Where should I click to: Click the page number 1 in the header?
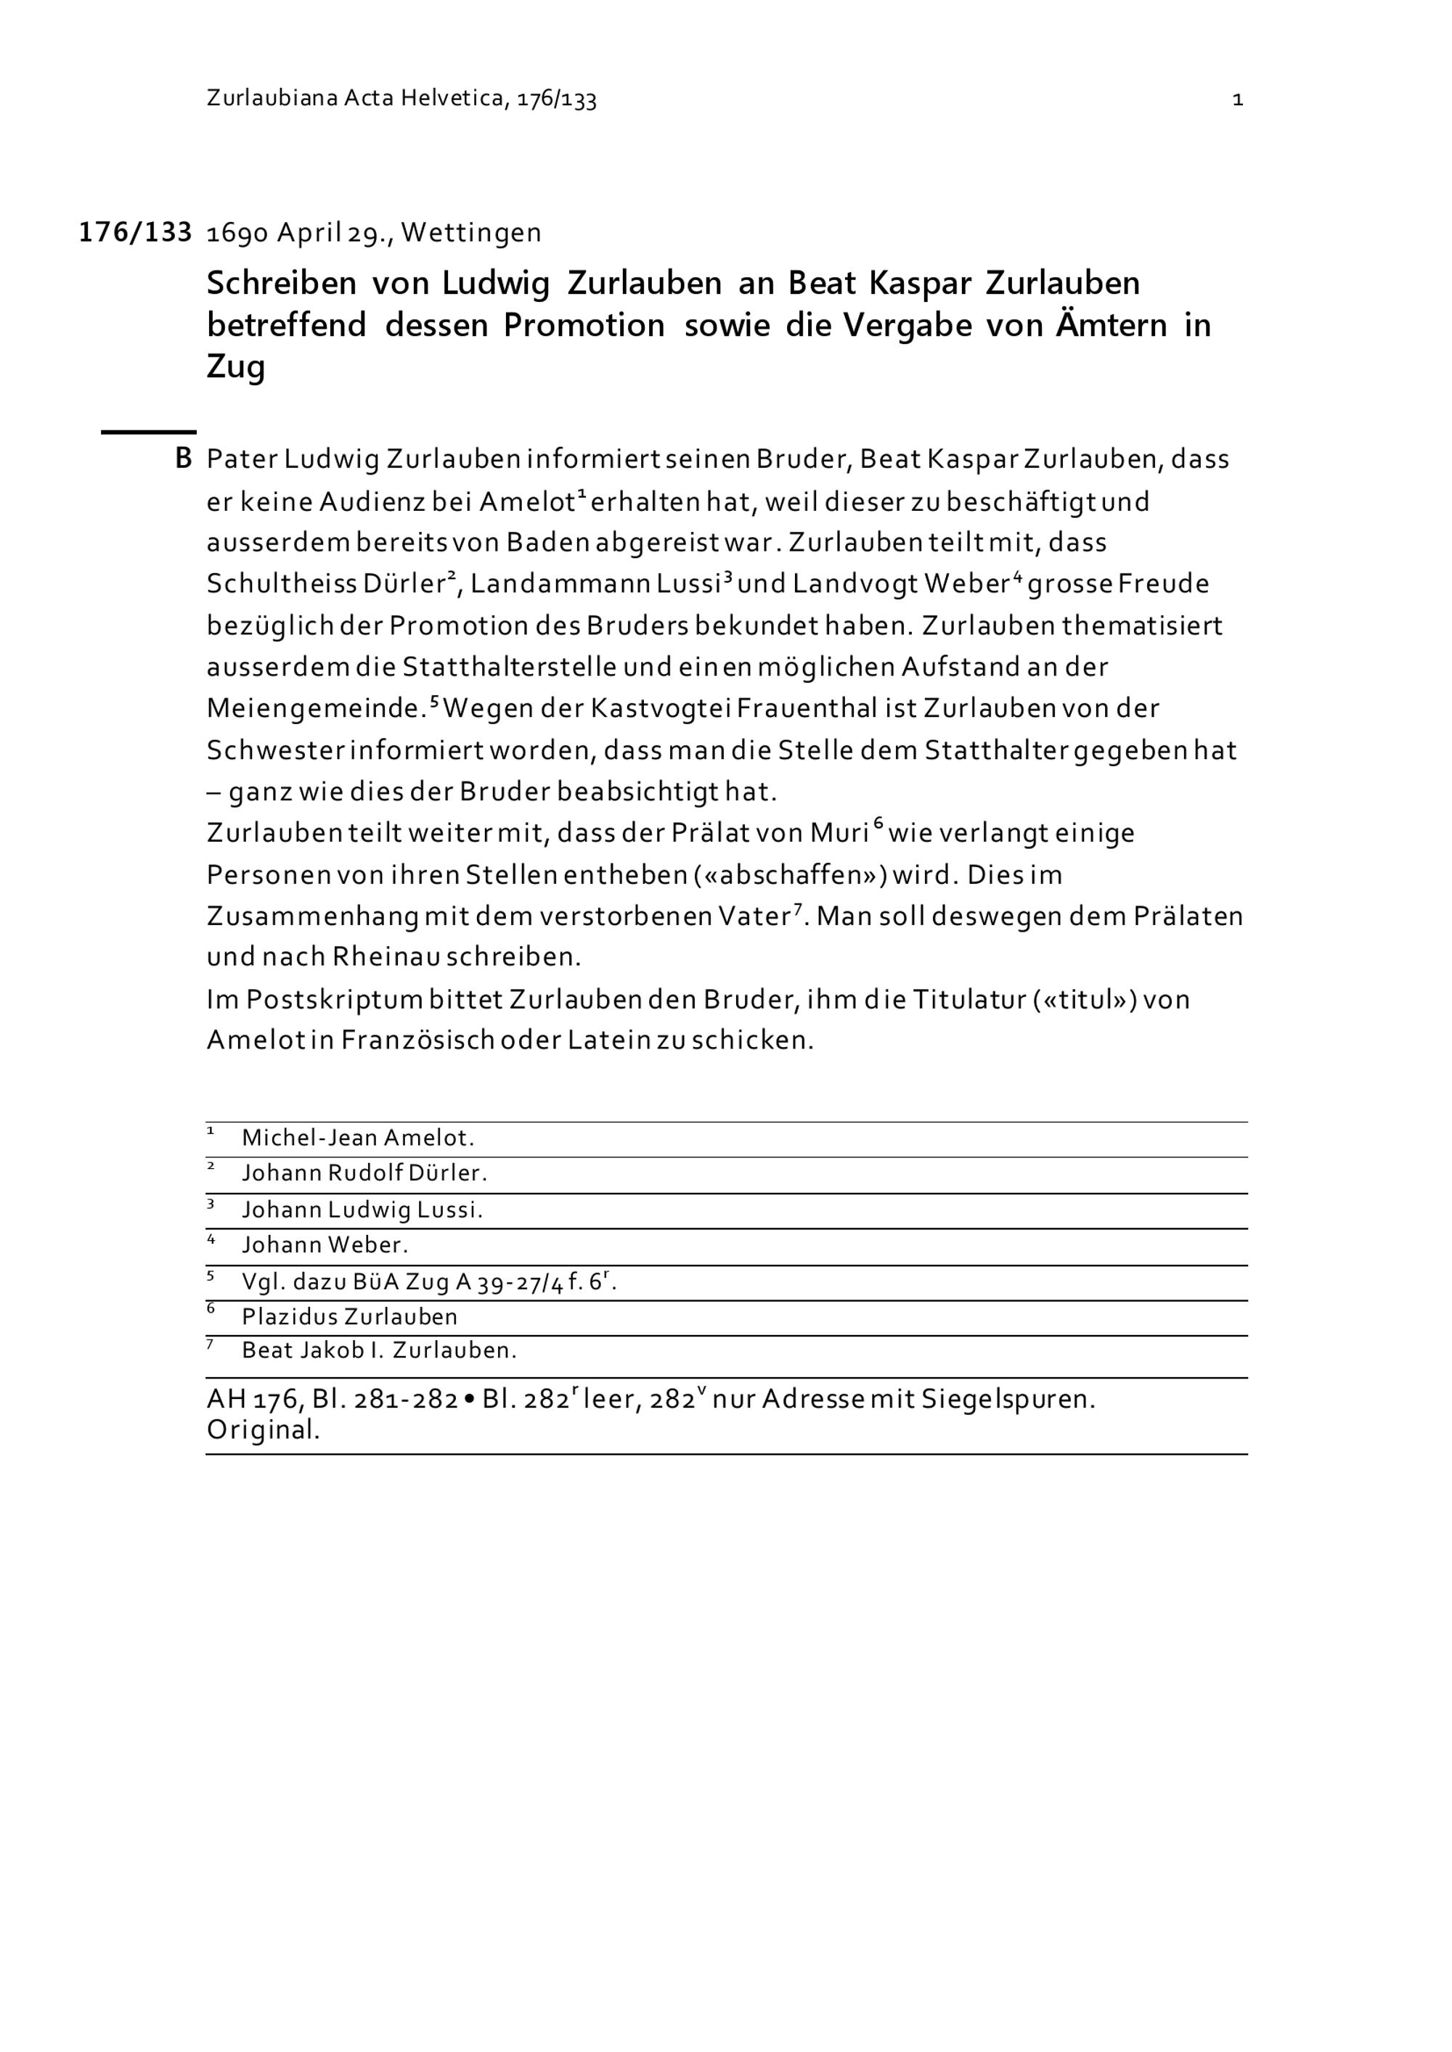click(1237, 99)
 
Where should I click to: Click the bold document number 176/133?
click(135, 232)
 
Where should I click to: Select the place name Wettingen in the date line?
click(471, 233)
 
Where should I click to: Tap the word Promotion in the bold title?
click(584, 325)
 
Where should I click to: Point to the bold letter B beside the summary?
click(183, 459)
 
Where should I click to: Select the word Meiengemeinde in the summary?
click(314, 709)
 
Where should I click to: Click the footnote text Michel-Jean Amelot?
click(358, 1138)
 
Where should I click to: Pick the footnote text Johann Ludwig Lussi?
click(362, 1210)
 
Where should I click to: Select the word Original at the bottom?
click(263, 1430)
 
